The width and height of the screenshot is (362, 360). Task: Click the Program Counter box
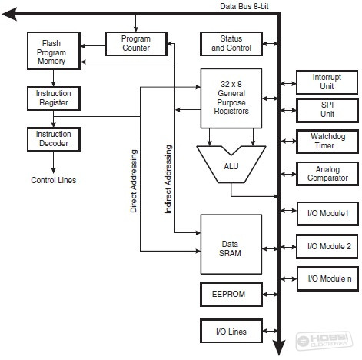point(136,44)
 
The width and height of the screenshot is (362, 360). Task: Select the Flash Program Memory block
point(54,51)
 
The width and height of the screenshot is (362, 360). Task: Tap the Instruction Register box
point(54,98)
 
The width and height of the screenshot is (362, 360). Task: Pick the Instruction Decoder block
point(54,139)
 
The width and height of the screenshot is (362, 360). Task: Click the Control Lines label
point(54,180)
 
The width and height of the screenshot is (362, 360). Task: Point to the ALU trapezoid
point(231,165)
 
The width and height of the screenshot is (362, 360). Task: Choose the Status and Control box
point(231,44)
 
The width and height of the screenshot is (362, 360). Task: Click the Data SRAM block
point(231,245)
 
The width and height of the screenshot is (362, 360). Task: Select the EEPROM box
point(231,295)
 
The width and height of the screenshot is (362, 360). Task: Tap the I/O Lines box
point(231,331)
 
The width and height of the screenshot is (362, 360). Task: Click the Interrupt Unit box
point(327,82)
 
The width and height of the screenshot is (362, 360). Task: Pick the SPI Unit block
point(327,111)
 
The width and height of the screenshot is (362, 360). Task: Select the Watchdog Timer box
point(327,142)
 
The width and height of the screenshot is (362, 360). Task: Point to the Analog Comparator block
point(327,174)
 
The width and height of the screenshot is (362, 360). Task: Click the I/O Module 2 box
point(327,246)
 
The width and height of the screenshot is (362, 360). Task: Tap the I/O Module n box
point(327,278)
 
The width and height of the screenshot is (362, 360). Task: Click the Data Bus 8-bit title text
point(244,6)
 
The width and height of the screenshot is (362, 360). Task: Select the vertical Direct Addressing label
point(134,181)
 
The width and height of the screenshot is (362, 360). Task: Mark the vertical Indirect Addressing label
point(168,179)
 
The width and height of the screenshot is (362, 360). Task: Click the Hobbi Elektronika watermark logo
point(324,340)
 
